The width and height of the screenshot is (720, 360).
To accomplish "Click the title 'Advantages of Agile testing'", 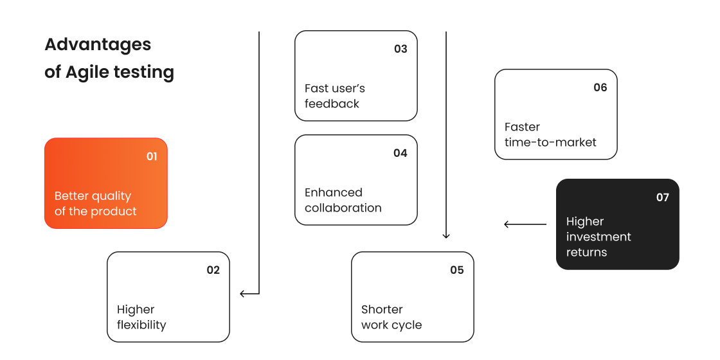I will click(109, 58).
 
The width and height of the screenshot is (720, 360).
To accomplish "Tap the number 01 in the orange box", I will click(152, 156).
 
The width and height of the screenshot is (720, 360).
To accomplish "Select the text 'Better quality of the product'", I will click(95, 204).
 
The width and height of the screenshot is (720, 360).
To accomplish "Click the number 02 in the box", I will click(213, 270).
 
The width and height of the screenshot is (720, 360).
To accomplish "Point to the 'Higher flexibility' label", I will click(141, 318).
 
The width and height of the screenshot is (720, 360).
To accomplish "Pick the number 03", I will click(401, 49).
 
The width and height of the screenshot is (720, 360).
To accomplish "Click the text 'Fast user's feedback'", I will click(334, 96).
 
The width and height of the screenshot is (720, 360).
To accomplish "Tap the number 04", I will click(401, 153).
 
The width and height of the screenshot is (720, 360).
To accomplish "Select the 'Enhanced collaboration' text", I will click(343, 200).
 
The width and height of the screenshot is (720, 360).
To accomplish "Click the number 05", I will click(457, 270).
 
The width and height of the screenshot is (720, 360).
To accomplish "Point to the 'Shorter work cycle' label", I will click(391, 318).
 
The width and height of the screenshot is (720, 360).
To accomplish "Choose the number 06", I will click(600, 87).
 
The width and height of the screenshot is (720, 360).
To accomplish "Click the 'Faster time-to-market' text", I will click(550, 134).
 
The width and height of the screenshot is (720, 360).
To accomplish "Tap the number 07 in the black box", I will click(663, 197).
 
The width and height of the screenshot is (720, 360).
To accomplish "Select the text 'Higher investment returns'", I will click(598, 237).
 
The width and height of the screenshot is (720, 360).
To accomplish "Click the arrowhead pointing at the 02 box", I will click(243, 294).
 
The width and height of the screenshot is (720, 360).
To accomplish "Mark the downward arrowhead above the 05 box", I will click(446, 236).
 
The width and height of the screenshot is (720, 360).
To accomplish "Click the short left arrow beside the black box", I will click(525, 224).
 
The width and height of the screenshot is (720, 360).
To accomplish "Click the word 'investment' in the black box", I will click(598, 237).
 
